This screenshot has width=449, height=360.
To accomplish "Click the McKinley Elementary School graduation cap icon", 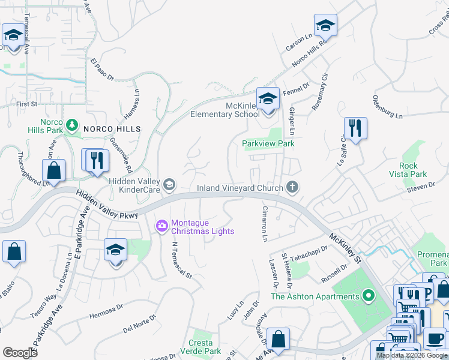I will point(268,98).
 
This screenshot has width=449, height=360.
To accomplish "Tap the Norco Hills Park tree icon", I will point(72,124).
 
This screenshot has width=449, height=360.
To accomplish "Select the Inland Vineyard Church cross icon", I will point(292,188).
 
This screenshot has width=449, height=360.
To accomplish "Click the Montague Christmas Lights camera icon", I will point(161,226).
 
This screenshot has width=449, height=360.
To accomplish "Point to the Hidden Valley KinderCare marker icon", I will point(170,185).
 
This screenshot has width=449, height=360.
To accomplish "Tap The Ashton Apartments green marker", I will point(369,296).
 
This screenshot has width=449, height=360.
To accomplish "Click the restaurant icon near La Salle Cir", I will point(355,128).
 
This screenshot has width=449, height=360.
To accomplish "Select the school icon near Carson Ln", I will point(325,25).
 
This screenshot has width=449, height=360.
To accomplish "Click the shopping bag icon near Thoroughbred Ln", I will point(53,169).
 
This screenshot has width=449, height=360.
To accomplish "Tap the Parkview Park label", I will point(268,143).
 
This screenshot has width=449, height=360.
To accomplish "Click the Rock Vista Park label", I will point(412,170).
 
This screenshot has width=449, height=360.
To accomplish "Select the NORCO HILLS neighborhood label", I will point(112,129).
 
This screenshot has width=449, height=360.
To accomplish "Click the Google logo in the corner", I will point(20,353).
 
